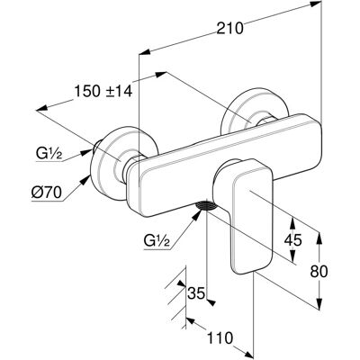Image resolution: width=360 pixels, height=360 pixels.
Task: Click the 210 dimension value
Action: (229, 29)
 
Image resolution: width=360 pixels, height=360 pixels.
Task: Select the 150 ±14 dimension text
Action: (103, 91)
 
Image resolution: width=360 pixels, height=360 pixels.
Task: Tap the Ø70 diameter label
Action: (47, 192)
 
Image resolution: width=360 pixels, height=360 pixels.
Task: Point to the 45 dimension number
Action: (292, 240)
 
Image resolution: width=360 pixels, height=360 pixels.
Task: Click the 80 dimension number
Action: (319, 272)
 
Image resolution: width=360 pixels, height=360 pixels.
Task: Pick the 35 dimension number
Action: (196, 292)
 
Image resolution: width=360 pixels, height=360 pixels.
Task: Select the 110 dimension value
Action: (220, 338)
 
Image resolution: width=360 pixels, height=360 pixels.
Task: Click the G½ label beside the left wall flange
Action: (49, 155)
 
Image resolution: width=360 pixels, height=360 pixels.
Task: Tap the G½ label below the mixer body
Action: (157, 240)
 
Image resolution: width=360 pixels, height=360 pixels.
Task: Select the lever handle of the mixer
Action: (244, 214)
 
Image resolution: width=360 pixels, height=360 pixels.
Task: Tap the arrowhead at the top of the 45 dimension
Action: (292, 222)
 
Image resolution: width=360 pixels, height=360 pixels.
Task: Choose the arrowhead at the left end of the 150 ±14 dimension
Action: (41, 108)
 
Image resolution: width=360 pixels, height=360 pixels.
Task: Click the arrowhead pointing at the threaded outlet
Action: (196, 213)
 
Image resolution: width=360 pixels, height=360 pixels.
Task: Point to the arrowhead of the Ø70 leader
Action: (87, 179)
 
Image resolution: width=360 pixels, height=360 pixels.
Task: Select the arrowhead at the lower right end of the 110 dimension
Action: (247, 354)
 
